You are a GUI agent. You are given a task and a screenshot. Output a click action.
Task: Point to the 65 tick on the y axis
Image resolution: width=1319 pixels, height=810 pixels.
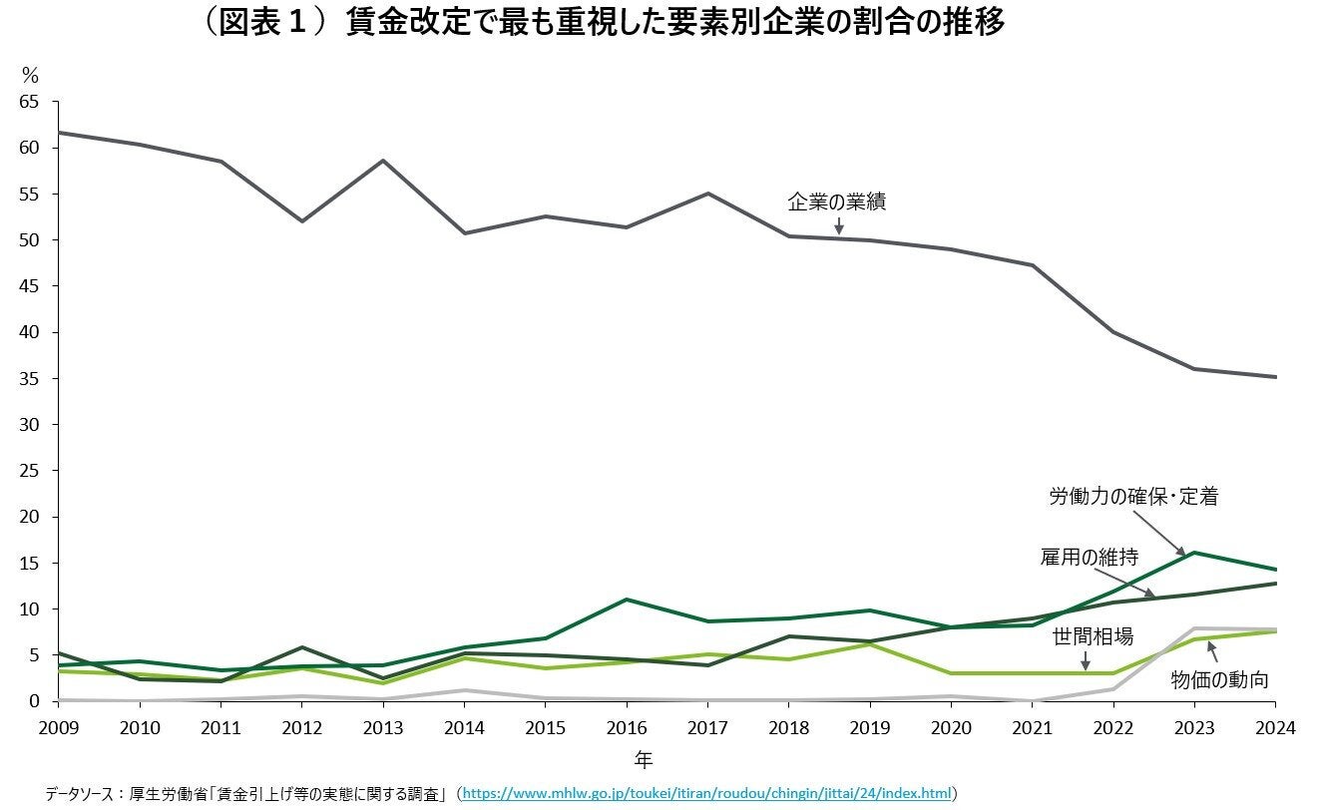pyautogui.click(x=29, y=102)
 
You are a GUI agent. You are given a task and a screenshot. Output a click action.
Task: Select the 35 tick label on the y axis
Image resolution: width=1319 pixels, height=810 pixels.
pyautogui.click(x=29, y=379)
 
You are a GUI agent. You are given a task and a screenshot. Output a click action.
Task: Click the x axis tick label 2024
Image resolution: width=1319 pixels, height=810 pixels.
pyautogui.click(x=1276, y=728)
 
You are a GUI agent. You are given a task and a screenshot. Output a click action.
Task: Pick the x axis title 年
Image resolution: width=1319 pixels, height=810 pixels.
pyautogui.click(x=645, y=760)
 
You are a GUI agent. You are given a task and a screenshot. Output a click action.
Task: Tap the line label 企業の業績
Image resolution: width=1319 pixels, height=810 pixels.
pyautogui.click(x=836, y=202)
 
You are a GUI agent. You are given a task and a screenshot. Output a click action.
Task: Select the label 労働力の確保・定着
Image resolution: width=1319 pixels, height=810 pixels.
pyautogui.click(x=1133, y=496)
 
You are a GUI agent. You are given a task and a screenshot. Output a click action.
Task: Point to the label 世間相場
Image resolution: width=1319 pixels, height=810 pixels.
pyautogui.click(x=1093, y=636)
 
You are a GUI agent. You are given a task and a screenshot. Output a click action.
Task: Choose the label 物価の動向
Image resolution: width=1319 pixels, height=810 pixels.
pyautogui.click(x=1219, y=680)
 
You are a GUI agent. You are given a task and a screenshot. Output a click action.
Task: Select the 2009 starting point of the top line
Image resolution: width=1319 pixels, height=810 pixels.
pyautogui.click(x=59, y=133)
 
